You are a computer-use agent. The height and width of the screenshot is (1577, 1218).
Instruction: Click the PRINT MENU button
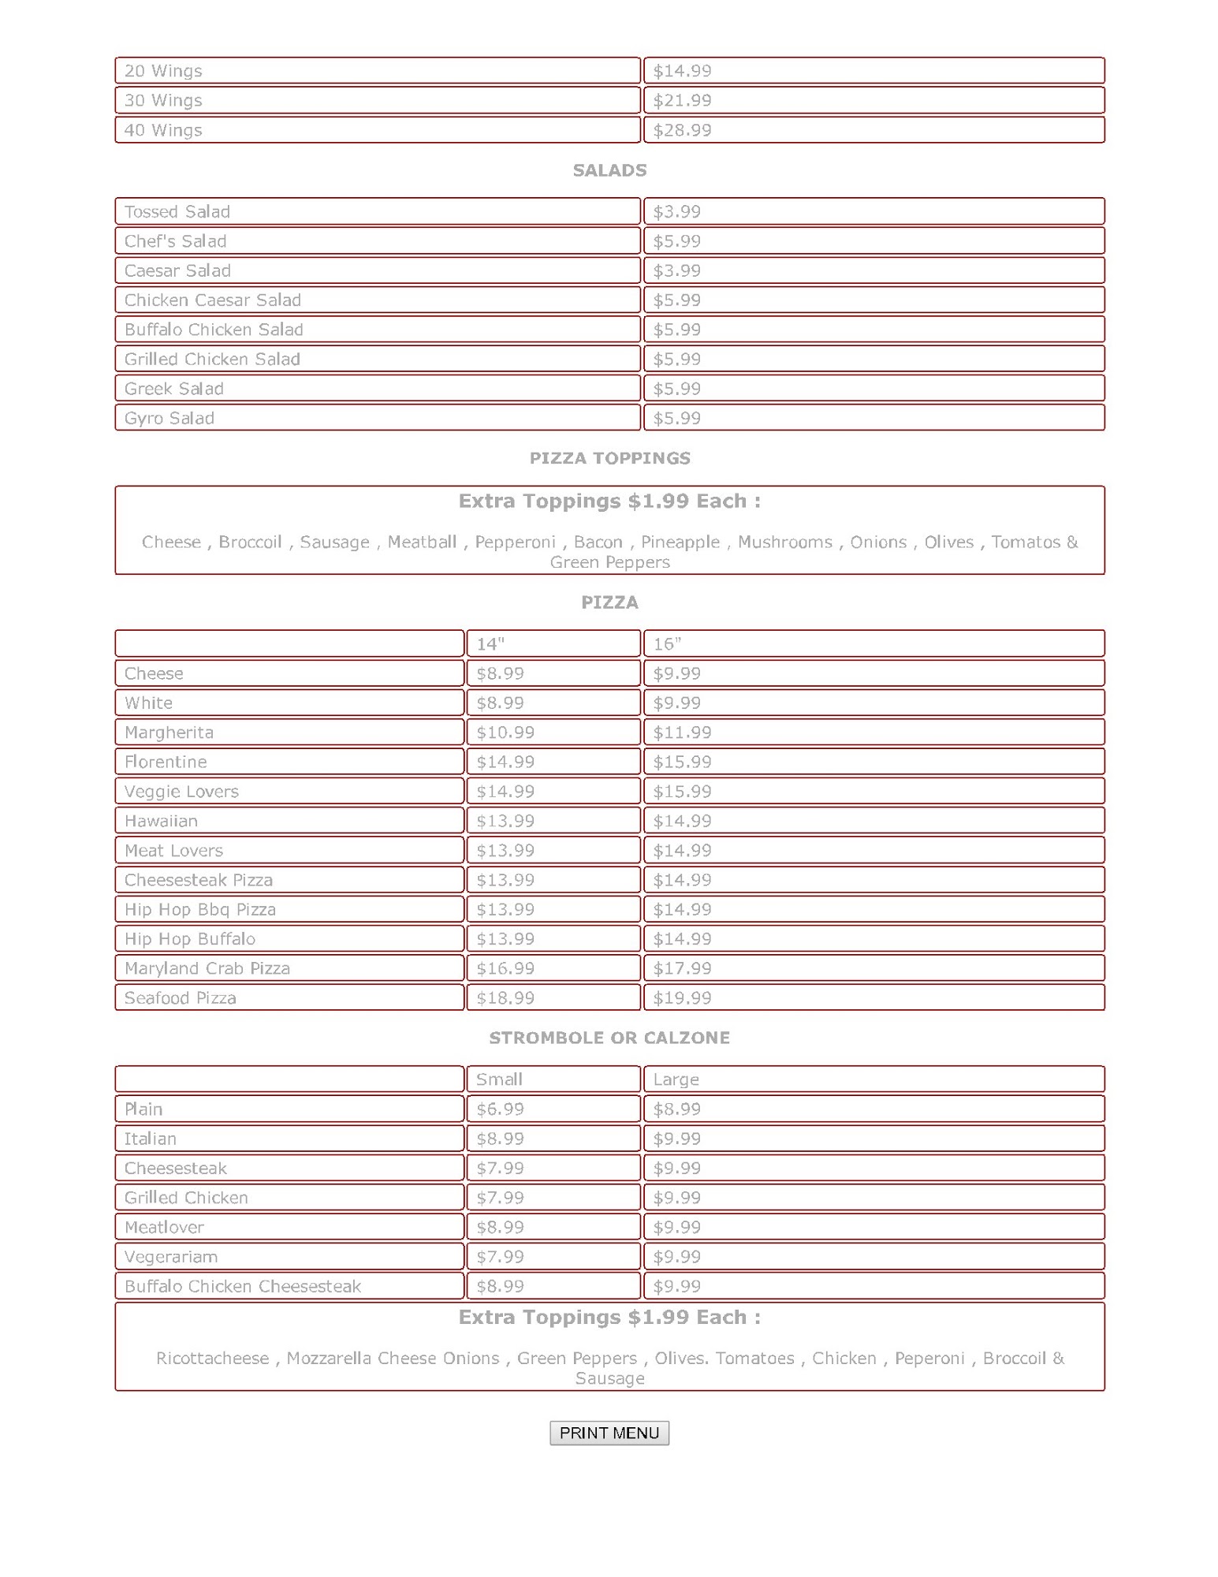coord(609,1433)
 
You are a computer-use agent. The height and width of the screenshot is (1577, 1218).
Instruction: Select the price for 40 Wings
coord(682,130)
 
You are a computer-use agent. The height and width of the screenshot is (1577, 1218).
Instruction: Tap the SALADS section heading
coord(609,170)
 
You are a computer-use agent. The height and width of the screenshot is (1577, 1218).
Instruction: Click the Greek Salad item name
coord(174,389)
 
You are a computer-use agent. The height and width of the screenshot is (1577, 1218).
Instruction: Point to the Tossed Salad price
coord(676,211)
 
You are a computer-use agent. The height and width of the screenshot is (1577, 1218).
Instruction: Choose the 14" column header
coord(490,644)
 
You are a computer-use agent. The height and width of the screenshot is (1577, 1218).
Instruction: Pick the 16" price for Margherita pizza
coord(682,733)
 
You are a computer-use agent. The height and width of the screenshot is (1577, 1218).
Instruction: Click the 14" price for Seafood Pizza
coord(505,998)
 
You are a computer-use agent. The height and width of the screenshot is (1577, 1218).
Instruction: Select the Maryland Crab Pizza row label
coord(207,968)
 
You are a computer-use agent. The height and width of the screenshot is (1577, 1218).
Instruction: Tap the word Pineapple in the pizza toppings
coord(680,542)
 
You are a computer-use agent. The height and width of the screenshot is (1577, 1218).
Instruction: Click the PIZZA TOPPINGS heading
coord(609,458)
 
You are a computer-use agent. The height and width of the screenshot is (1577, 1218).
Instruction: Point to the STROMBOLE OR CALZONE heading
coord(609,1038)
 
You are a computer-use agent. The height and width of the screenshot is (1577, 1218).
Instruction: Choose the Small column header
coord(499,1079)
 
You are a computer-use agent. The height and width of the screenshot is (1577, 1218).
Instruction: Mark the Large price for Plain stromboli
coord(676,1109)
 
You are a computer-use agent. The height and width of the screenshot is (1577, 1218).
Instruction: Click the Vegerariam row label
coord(171,1257)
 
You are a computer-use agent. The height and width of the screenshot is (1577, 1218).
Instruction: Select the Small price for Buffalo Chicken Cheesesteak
coord(500,1287)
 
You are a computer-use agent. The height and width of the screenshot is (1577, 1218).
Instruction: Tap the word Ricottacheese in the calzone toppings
coord(212,1358)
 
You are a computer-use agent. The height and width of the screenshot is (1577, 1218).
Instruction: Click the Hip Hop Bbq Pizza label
coord(200,909)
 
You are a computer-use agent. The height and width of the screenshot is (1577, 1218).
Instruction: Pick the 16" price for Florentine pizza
coord(682,762)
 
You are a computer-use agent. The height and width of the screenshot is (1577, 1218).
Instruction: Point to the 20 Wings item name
coord(163,71)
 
